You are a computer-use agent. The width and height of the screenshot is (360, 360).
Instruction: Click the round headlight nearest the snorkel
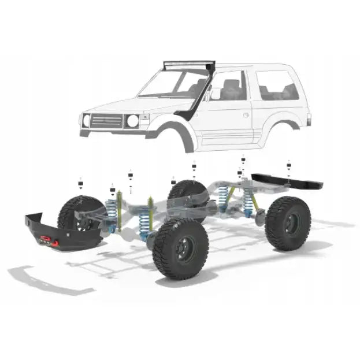132,121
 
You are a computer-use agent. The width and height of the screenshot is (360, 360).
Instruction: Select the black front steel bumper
55,228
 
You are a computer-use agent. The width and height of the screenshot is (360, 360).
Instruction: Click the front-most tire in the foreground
181,248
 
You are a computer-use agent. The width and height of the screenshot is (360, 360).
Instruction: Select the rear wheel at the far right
287,223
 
